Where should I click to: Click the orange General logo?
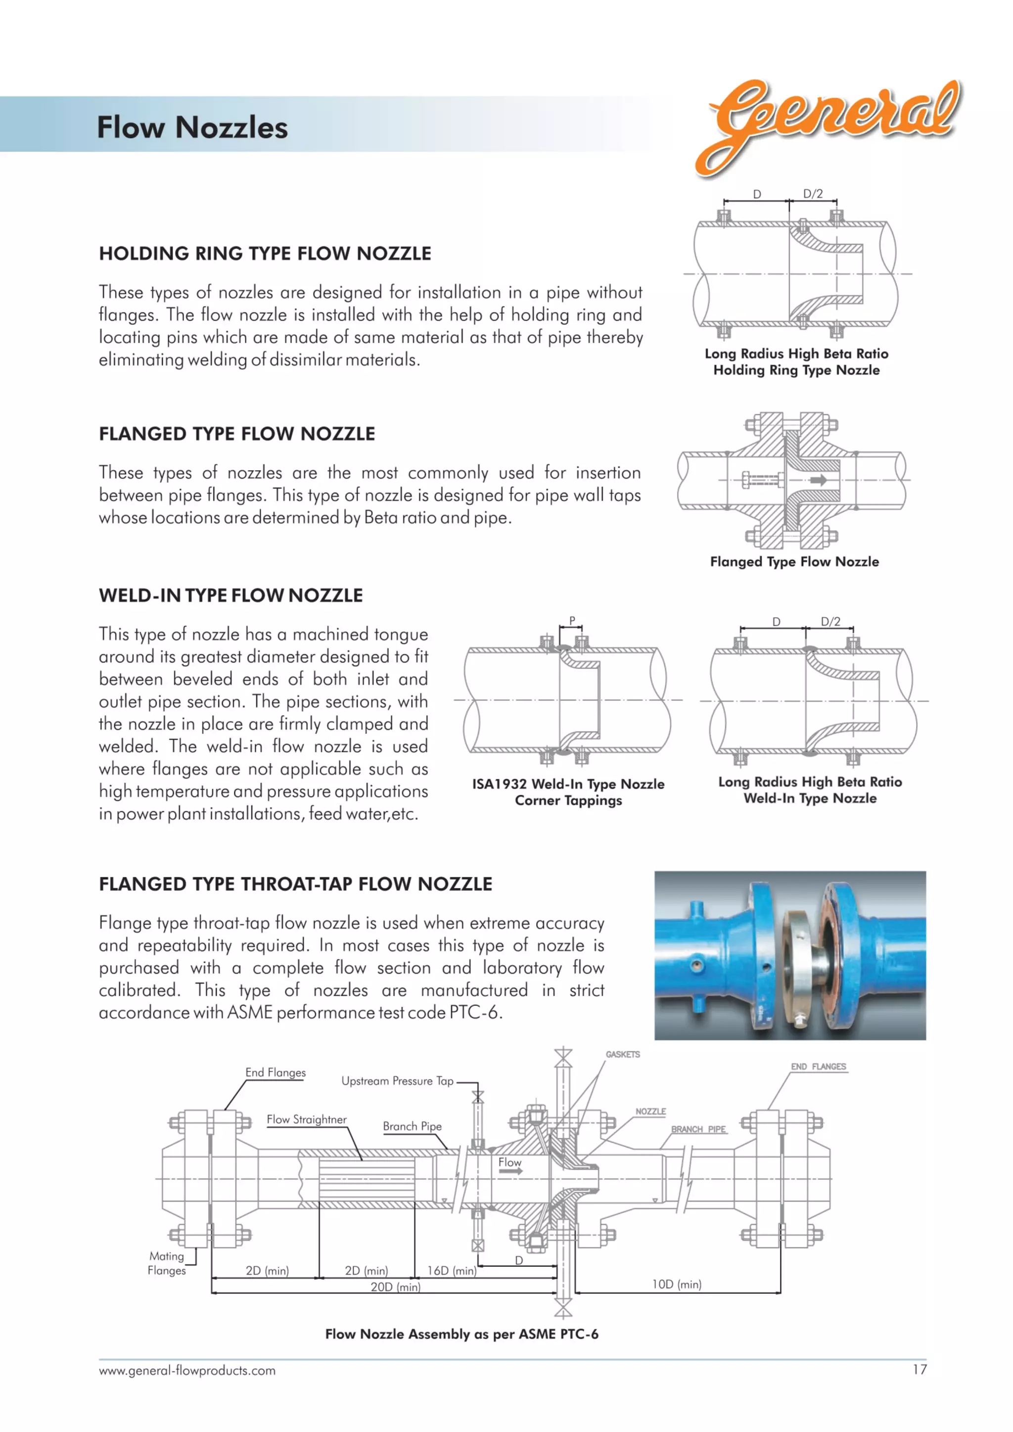(829, 122)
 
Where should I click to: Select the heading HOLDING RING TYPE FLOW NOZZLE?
(265, 253)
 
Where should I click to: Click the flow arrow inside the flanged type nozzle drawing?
(819, 480)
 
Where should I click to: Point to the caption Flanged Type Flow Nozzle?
(794, 561)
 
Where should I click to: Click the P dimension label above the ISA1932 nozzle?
(571, 621)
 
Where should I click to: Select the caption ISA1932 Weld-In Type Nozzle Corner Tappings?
(568, 792)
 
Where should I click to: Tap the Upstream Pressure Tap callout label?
(397, 1081)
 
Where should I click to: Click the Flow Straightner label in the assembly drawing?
(306, 1119)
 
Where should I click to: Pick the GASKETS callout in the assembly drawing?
(623, 1054)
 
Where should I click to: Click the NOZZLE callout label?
(650, 1112)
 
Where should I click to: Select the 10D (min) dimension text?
(677, 1284)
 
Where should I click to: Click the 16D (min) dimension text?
(452, 1270)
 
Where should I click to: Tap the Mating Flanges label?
(167, 1263)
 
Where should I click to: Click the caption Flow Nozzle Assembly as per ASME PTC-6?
(461, 1334)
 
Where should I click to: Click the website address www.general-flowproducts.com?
(187, 1371)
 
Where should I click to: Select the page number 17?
(920, 1370)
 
